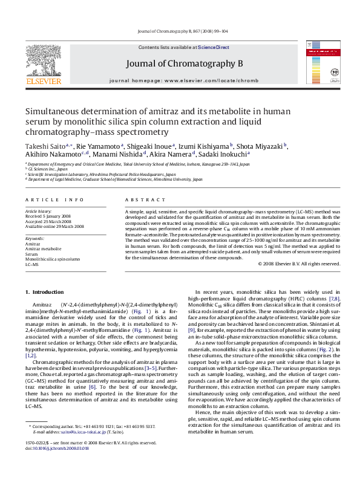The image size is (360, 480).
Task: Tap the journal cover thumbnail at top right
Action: (320, 62)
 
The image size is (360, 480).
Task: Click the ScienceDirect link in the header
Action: (214, 47)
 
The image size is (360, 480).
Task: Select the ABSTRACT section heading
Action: (140, 199)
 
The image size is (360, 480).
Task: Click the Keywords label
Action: (34, 239)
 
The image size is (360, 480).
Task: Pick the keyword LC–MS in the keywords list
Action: (32, 265)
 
